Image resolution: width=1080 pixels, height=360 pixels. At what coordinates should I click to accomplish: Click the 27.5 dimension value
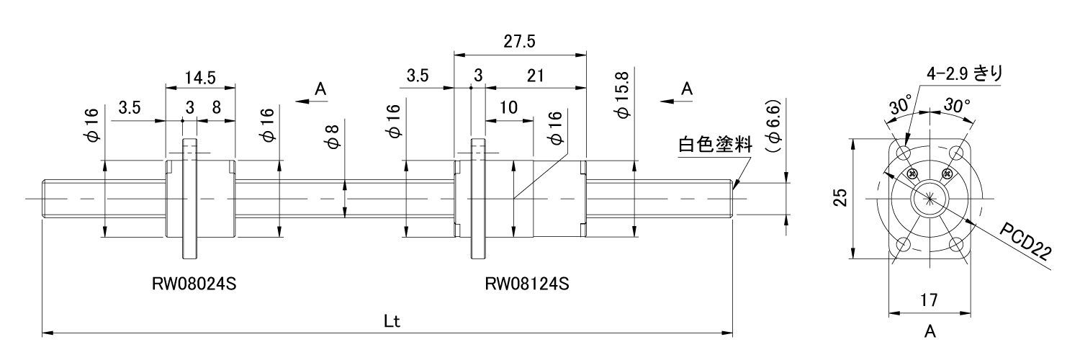tap(518, 41)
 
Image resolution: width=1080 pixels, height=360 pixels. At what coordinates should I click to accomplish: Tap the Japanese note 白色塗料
tap(715, 144)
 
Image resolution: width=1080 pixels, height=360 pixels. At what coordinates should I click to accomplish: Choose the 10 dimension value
tap(508, 107)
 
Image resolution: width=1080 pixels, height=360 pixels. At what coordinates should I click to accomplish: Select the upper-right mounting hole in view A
tap(956, 153)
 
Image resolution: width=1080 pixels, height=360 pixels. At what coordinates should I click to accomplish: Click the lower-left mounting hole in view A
tap(902, 246)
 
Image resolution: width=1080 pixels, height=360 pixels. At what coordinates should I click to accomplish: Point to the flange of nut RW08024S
tap(191, 198)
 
